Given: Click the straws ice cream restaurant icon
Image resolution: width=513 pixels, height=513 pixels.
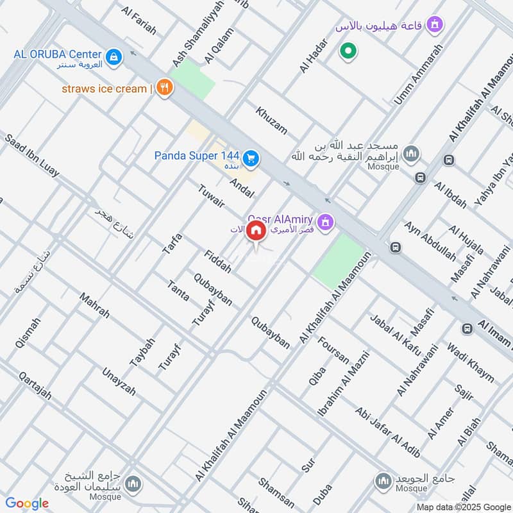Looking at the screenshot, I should point(165,88).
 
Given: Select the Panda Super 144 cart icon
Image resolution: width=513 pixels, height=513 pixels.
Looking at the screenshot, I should point(251,156).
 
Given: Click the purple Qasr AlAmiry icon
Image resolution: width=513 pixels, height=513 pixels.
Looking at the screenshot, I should point(327,222).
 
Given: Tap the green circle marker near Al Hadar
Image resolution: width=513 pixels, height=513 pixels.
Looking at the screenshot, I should point(348,51).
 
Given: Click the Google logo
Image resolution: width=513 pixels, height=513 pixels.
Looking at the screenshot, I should point(28,503).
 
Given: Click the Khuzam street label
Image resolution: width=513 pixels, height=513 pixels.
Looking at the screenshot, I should point(272,120).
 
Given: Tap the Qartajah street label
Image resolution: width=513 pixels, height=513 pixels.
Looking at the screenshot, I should point(35,385).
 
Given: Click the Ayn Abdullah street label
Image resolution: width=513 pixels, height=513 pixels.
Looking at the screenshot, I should point(430,242).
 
